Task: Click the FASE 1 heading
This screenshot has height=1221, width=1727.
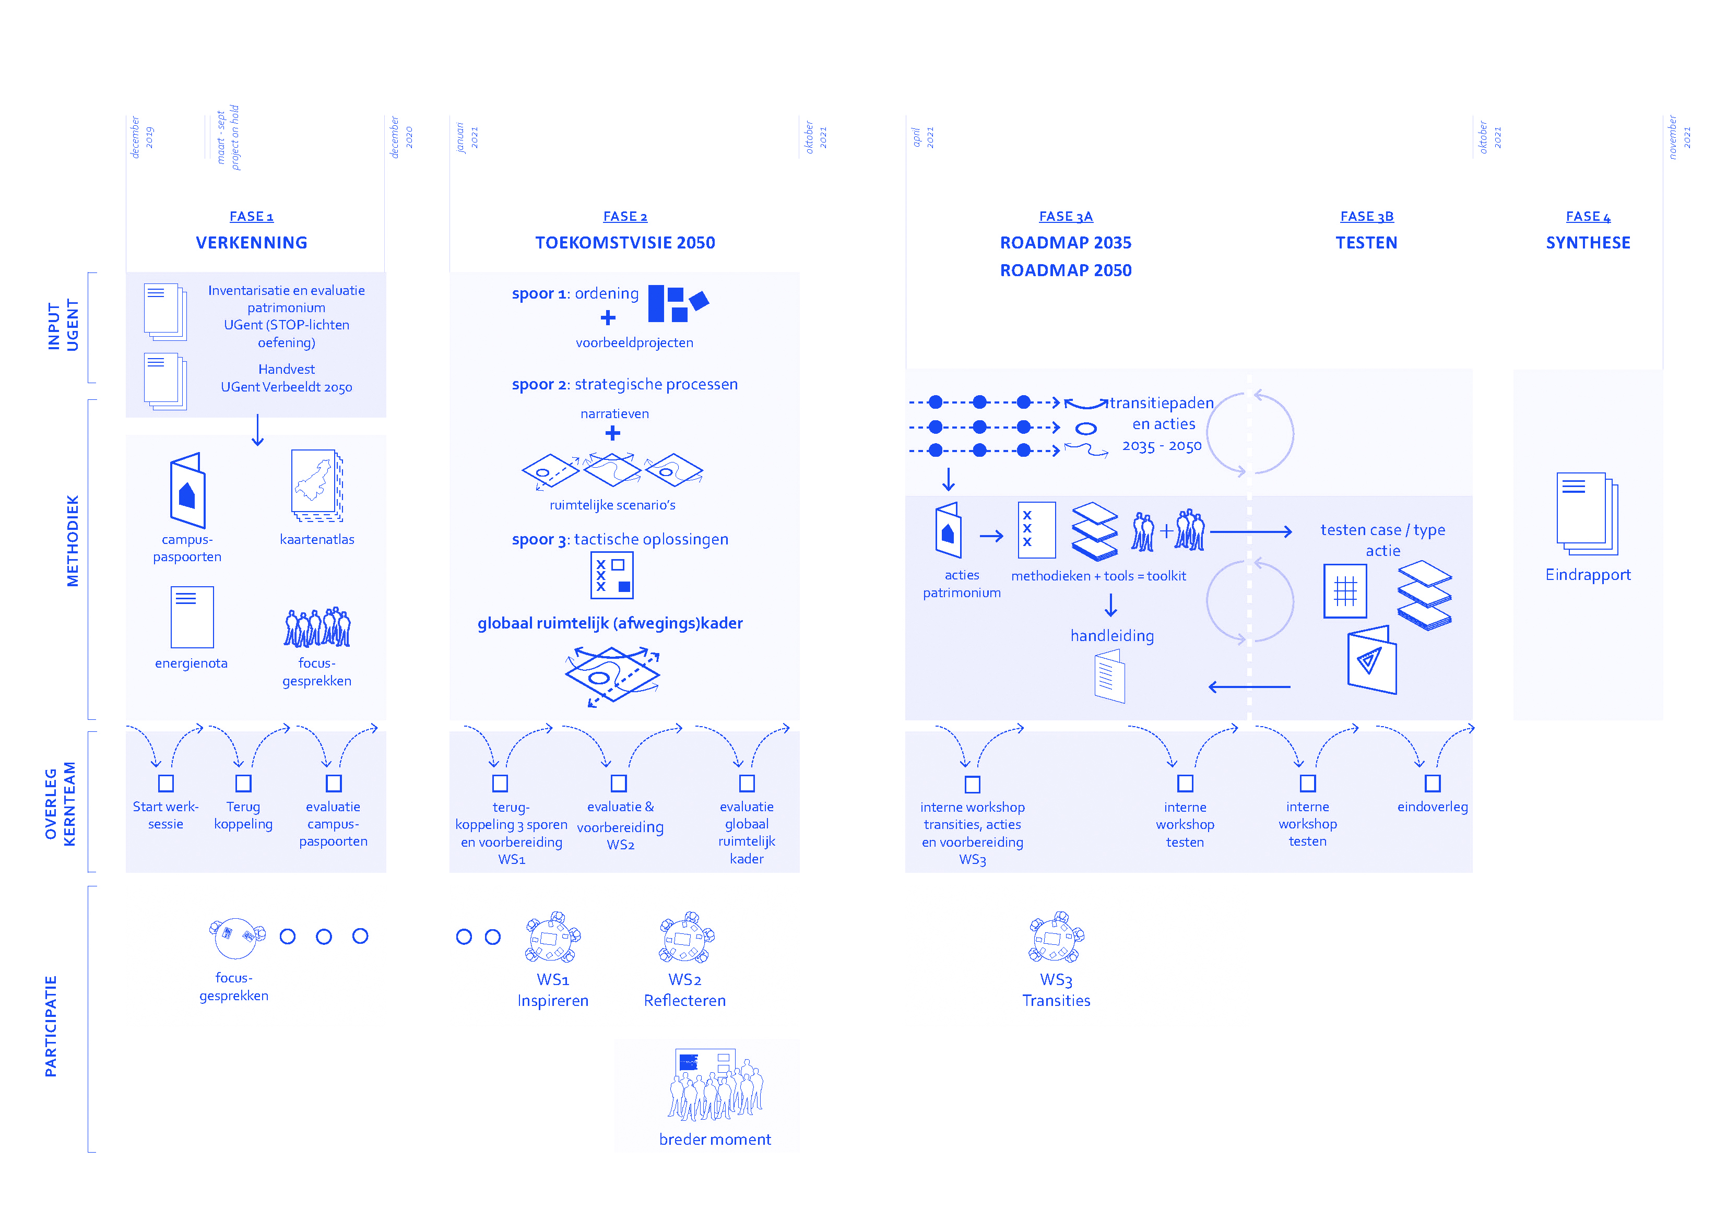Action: pos(251,217)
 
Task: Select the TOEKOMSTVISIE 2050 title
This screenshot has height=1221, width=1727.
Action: pos(625,243)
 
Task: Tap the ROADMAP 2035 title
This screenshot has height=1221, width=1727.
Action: pos(1065,243)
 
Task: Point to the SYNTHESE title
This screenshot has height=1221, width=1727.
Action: pos(1588,243)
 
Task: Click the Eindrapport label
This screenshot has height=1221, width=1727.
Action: pos(1588,575)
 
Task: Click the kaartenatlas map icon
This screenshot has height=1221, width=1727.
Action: pos(317,485)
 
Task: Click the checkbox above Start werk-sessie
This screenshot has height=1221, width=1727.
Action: pos(166,783)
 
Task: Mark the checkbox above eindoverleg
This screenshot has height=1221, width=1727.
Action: pos(1432,783)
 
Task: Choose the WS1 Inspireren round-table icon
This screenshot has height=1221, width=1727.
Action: pos(553,938)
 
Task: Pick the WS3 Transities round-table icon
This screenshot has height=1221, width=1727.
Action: pos(1056,938)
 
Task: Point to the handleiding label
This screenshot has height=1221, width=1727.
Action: pos(1111,636)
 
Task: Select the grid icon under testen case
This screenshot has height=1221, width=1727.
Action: pos(1345,591)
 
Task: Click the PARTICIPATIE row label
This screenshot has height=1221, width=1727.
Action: pos(51,1026)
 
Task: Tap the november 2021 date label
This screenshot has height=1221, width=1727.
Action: pos(1679,137)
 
